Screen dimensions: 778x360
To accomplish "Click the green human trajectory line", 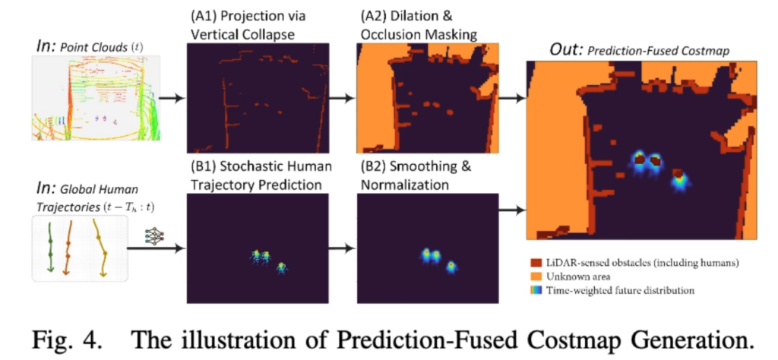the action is coord(50,245).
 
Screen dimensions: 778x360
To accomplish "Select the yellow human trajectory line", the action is coord(103,246).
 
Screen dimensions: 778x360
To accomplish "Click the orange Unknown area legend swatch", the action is coord(536,276).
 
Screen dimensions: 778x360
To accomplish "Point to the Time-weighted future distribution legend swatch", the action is coord(536,290).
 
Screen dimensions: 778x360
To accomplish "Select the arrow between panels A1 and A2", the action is coord(343,98).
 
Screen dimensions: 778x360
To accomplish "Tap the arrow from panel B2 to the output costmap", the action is coord(511,210).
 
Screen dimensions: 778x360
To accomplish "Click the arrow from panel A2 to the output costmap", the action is coord(511,98).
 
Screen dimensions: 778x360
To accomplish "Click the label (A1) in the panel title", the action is coord(201,16).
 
